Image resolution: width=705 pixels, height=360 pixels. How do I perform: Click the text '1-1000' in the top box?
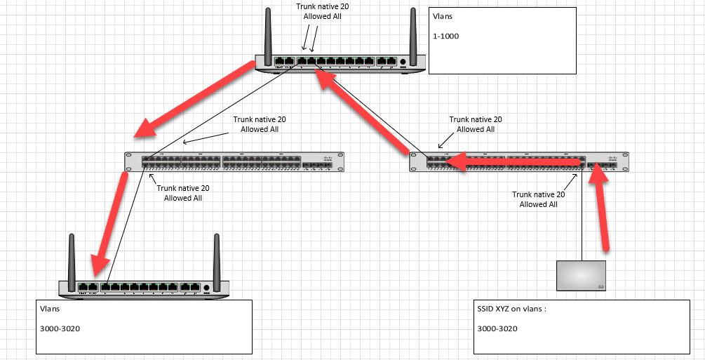tap(446, 36)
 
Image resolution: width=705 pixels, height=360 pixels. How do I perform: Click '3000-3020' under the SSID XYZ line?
tap(497, 328)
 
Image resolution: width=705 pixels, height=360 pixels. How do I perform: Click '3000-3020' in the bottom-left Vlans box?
tap(60, 328)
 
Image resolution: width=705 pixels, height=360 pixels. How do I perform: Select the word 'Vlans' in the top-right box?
tap(443, 15)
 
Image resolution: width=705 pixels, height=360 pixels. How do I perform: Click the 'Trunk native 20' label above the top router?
tap(322, 6)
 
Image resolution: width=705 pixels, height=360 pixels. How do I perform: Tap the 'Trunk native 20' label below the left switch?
tap(182, 188)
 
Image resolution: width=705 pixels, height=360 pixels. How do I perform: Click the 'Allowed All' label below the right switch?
tap(538, 205)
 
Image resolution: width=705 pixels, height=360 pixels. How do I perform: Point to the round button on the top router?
tap(403, 62)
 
